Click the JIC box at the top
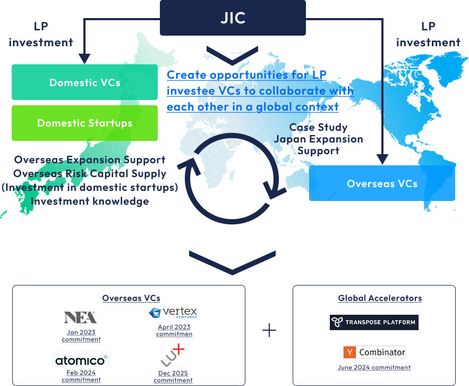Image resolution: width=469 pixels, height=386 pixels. click(233, 18)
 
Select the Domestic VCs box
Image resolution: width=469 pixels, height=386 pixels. click(84, 82)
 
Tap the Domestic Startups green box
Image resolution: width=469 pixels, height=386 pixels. click(84, 123)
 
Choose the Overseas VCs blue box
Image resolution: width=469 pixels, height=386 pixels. click(382, 183)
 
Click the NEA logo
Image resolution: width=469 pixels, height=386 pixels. click(80, 317)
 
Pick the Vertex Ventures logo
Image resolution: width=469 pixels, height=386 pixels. click(173, 313)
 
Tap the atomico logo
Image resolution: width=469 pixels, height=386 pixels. click(81, 359)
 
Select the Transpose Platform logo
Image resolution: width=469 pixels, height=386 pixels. click(374, 322)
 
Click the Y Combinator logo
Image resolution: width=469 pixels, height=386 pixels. click(374, 352)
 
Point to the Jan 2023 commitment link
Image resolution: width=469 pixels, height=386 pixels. click(81, 335)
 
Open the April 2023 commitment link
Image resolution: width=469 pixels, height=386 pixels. click(174, 331)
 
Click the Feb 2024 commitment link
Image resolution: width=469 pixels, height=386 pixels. click(81, 376)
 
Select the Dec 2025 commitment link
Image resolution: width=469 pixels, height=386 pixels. click(173, 376)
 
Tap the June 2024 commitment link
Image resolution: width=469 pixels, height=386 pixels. click(374, 367)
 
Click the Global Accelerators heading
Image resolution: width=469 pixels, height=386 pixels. click(380, 298)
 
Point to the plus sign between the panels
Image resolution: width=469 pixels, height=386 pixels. click(269, 330)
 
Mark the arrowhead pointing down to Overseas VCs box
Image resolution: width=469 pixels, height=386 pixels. click(382, 158)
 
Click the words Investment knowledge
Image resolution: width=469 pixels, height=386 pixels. click(90, 201)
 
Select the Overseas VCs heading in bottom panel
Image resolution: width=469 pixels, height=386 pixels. click(131, 298)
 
